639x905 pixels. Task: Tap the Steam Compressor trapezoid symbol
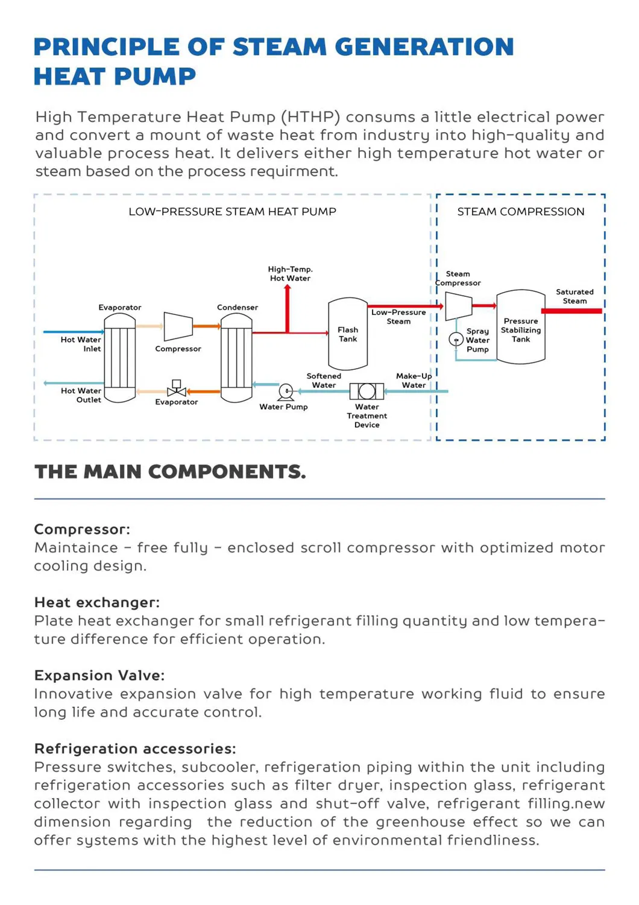click(458, 306)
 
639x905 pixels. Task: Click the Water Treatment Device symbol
click(367, 392)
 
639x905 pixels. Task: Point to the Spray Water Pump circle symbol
click(456, 340)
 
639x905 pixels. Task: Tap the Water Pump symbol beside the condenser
click(286, 392)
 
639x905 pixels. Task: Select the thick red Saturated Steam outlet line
click(571, 311)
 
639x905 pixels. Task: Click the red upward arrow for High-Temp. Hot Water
click(288, 308)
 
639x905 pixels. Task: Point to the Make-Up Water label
click(414, 381)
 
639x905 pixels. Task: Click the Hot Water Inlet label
click(81, 344)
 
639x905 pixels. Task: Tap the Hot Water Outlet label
click(81, 395)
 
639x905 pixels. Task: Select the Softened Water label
click(324, 381)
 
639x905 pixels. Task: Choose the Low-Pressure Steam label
click(398, 317)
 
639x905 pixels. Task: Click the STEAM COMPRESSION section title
click(521, 212)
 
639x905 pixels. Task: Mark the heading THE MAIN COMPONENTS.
click(170, 472)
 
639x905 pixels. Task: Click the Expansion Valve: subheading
click(99, 675)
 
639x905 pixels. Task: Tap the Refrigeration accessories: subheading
click(135, 749)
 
